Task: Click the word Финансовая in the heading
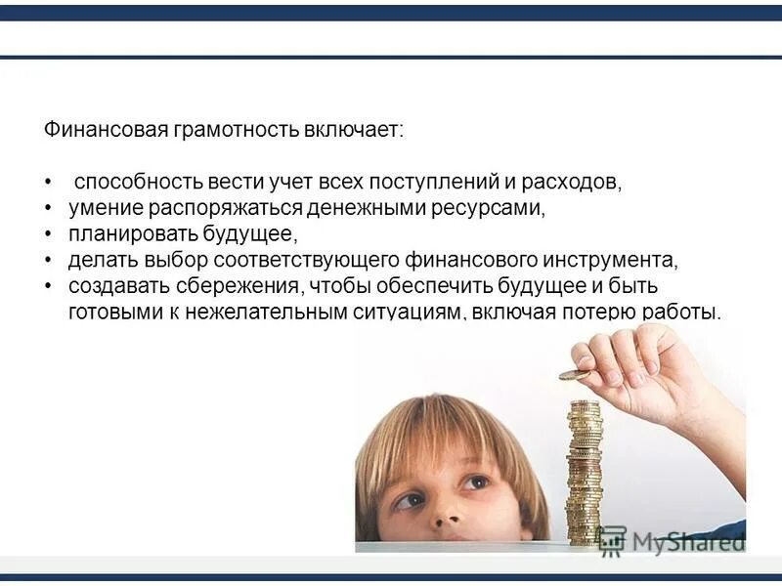click(106, 131)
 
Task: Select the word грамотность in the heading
click(237, 131)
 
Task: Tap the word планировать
click(133, 235)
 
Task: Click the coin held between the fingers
click(574, 374)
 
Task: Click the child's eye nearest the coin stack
click(476, 481)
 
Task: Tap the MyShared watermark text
click(684, 540)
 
